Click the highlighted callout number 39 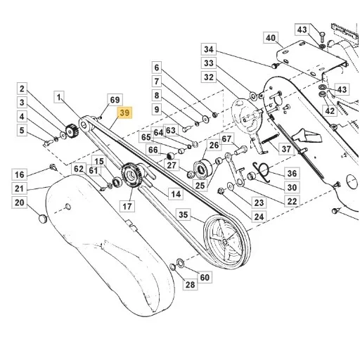[124, 113]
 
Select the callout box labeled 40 [271, 38]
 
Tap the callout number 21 [20, 188]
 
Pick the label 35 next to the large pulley [184, 214]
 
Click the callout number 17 [127, 207]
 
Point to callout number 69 [115, 100]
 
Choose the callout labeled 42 [330, 110]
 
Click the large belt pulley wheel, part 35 [227, 242]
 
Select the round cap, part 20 [43, 219]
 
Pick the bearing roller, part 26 [202, 168]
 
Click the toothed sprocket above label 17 [130, 174]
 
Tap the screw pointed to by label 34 [274, 65]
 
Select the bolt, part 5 [49, 142]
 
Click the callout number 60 [205, 277]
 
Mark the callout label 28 [190, 285]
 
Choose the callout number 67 [226, 139]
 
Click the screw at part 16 [53, 167]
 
